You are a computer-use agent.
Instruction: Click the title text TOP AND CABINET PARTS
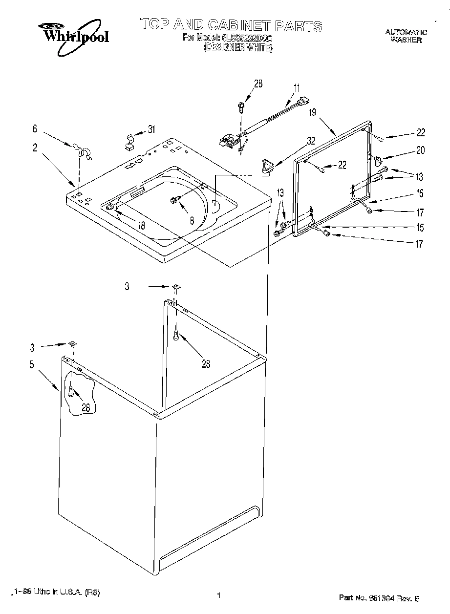pos(231,25)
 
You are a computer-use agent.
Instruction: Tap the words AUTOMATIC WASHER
pos(406,36)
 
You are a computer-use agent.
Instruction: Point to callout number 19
pos(313,112)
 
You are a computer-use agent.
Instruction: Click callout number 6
pos(35,129)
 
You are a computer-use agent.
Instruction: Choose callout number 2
pos(35,148)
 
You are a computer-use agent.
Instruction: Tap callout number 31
pos(151,129)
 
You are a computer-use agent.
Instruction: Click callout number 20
pos(420,150)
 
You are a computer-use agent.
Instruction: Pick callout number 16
pos(419,193)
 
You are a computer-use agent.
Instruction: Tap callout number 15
pos(419,227)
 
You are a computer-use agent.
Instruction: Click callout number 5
pos(32,364)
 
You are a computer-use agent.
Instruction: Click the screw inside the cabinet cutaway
pos(72,391)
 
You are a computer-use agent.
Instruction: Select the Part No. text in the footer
pos(379,597)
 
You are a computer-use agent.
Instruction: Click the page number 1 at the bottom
pos(219,595)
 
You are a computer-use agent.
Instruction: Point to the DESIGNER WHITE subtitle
pos(237,47)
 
